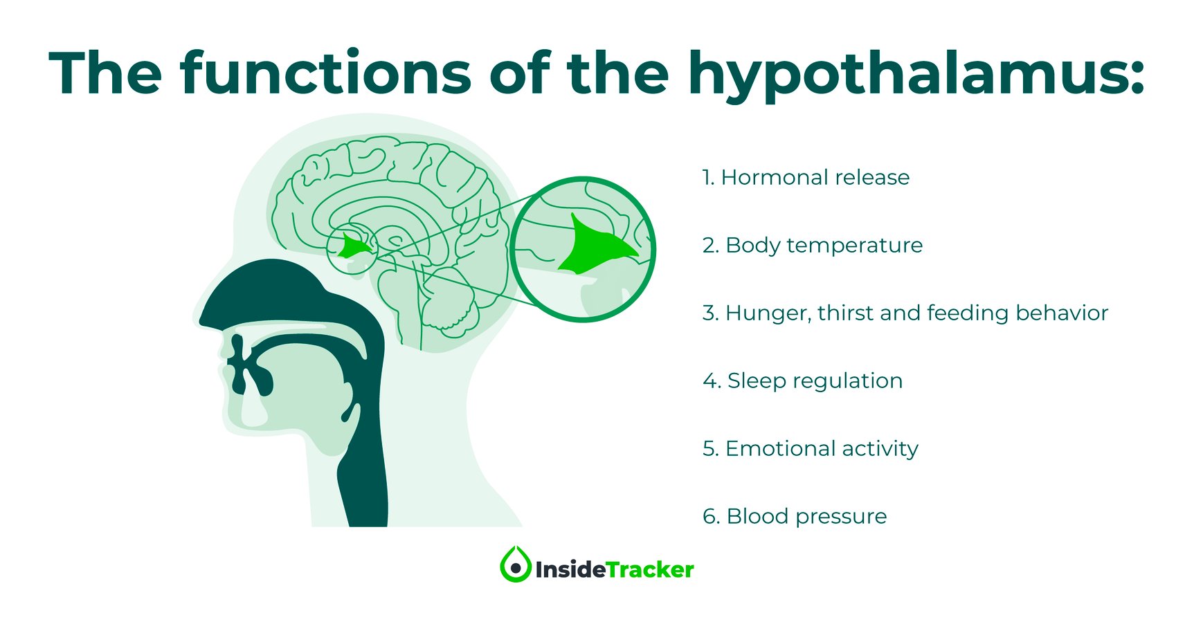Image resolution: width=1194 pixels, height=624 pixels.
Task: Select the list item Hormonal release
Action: point(806,177)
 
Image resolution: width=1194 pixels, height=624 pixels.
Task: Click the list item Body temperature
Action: point(813,246)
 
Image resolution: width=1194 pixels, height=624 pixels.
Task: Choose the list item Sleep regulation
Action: point(803,381)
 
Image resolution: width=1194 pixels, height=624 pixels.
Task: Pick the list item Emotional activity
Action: point(811,449)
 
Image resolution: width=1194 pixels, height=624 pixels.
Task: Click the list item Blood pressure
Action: point(795,517)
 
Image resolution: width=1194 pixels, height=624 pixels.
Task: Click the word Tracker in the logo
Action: point(650,569)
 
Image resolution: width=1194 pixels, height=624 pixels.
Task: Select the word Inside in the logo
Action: point(570,569)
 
